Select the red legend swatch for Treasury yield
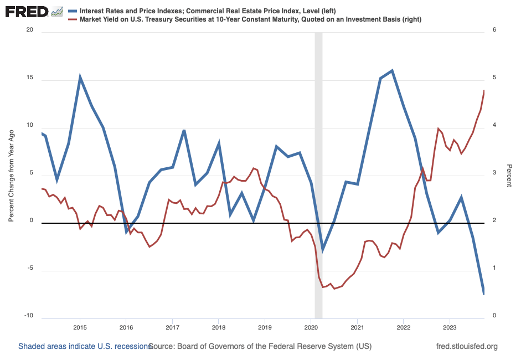72,19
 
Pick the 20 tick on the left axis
30,32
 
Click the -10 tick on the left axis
28,316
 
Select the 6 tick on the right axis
494,32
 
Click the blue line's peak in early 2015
80,77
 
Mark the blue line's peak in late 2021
392,70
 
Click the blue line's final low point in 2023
484,294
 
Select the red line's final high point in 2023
484,90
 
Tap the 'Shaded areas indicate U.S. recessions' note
85,346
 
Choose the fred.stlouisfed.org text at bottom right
467,346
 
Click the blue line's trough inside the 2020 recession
322,250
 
